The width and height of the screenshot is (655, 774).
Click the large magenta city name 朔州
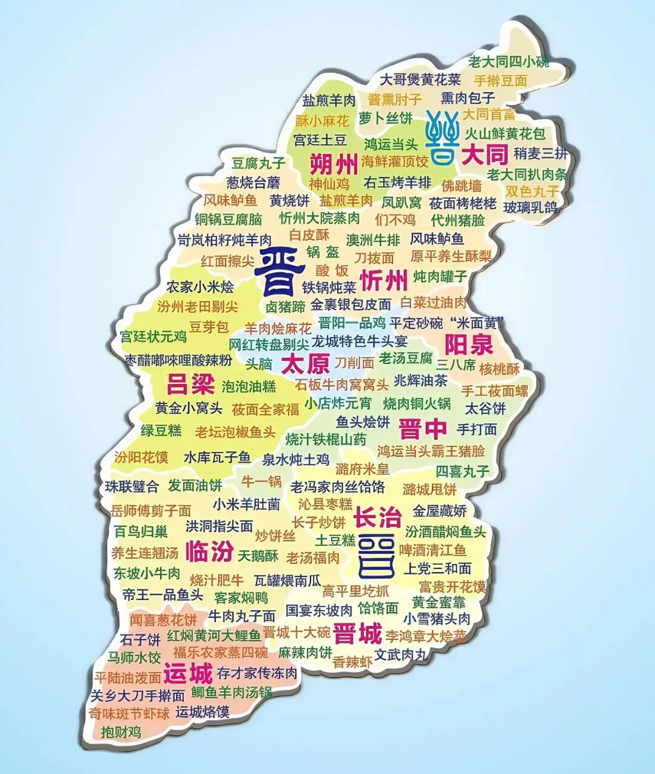click(x=334, y=164)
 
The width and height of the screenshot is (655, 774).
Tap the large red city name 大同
click(x=485, y=155)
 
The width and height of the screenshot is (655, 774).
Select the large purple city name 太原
click(x=306, y=364)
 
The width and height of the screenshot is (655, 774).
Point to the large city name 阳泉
click(x=469, y=345)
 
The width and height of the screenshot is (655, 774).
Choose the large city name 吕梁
click(x=190, y=384)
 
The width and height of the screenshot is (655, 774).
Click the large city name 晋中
click(x=423, y=429)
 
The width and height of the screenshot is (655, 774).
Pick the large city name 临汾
click(x=209, y=551)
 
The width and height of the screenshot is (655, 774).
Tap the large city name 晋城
click(x=357, y=634)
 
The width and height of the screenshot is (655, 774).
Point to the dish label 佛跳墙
click(x=462, y=185)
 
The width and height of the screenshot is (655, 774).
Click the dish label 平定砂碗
click(x=416, y=323)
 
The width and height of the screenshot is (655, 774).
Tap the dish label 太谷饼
click(x=485, y=408)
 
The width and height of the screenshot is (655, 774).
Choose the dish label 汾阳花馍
click(x=141, y=457)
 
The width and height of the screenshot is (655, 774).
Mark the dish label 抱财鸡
click(x=121, y=732)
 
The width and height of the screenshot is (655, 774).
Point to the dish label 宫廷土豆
click(x=320, y=140)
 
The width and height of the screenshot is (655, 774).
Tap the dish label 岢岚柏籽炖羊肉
click(x=224, y=240)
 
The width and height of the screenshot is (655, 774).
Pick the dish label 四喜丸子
click(x=462, y=471)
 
